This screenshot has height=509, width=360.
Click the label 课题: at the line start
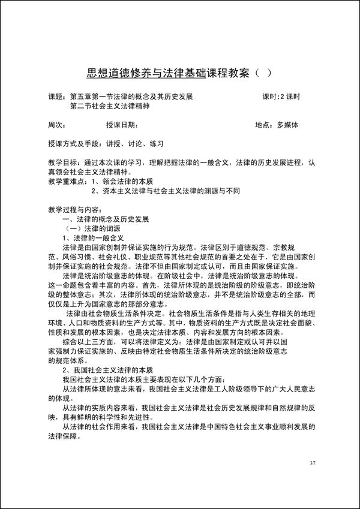pyautogui.click(x=58, y=97)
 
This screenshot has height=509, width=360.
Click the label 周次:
pyautogui.click(x=56, y=125)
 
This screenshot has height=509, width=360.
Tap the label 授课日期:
pyautogui.click(x=122, y=125)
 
